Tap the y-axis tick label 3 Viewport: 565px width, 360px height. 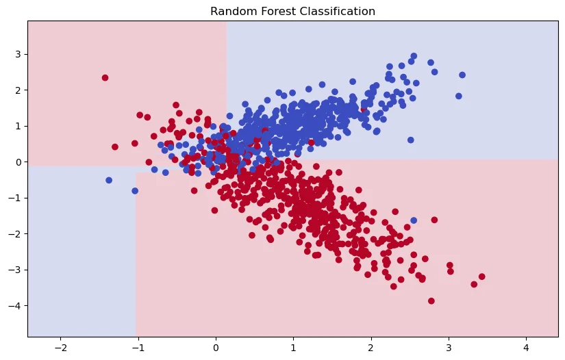click(x=18, y=54)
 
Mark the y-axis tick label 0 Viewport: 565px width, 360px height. click(x=18, y=162)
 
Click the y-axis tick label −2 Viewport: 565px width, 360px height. click(x=15, y=234)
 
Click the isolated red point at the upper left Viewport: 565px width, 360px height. click(x=105, y=78)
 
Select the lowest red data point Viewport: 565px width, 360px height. click(x=431, y=300)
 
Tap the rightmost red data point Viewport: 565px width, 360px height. click(x=481, y=277)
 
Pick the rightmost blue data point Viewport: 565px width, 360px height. click(x=462, y=75)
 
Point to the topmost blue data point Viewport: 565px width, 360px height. click(x=414, y=56)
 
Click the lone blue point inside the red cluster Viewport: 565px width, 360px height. click(x=414, y=220)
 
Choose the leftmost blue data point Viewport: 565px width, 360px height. click(x=109, y=180)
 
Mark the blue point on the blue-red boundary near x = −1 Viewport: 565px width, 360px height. click(x=135, y=191)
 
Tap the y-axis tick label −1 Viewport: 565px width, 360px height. click(x=15, y=198)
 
